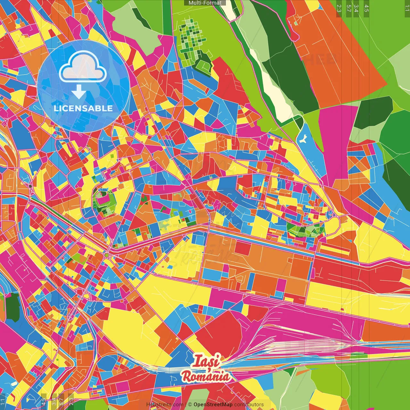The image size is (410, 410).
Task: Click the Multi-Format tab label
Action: (x=205, y=3)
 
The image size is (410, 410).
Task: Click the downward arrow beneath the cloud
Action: (x=79, y=92)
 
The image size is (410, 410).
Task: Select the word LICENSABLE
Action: (x=83, y=108)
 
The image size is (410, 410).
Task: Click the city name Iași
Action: (x=207, y=361)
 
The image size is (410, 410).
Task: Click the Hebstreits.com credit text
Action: (x=165, y=405)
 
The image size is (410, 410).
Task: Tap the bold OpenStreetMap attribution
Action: (x=213, y=405)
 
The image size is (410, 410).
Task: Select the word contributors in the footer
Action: (x=249, y=405)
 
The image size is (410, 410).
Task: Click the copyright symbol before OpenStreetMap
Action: (x=190, y=405)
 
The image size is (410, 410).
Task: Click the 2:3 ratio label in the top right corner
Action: (x=339, y=8)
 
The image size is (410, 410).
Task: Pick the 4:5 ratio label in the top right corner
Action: (x=366, y=8)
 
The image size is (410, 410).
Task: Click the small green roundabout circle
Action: (x=106, y=255)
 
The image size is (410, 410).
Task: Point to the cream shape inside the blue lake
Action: (x=303, y=139)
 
